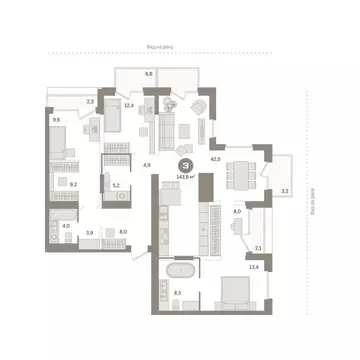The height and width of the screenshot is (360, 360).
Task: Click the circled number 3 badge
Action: click(x=183, y=166)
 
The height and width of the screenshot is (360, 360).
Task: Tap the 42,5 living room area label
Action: click(x=215, y=158)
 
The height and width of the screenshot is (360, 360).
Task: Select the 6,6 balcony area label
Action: click(x=149, y=75)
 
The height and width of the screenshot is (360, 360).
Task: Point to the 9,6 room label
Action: click(x=56, y=120)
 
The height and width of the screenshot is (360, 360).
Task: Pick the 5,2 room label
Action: click(x=116, y=184)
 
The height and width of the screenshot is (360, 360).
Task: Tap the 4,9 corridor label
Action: click(x=146, y=164)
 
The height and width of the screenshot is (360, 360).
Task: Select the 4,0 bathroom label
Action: click(x=65, y=226)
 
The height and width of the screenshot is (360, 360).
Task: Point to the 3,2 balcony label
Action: click(x=283, y=190)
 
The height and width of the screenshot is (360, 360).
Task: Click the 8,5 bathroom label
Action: click(x=178, y=292)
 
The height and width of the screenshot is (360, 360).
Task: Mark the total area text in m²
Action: click(x=185, y=179)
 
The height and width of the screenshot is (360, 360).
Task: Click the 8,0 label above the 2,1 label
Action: click(x=237, y=212)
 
